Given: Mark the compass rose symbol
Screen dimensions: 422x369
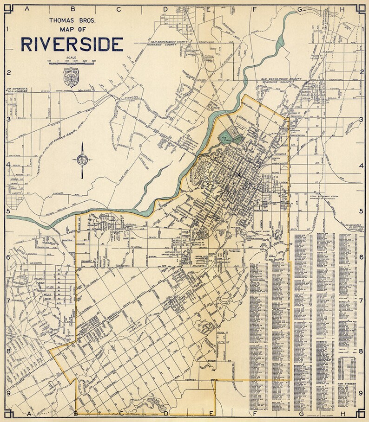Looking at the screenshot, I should pyautogui.click(x=82, y=160).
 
